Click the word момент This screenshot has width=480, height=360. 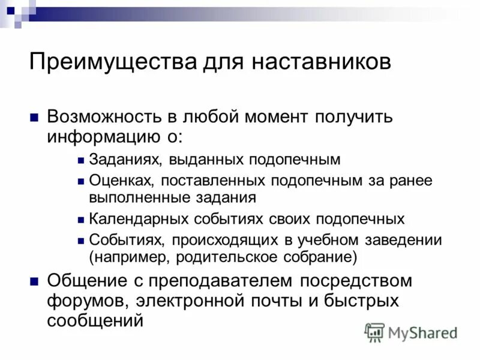[276, 117]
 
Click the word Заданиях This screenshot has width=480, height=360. [125, 160]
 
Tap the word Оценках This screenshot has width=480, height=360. [119, 180]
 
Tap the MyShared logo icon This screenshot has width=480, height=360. [375, 332]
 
